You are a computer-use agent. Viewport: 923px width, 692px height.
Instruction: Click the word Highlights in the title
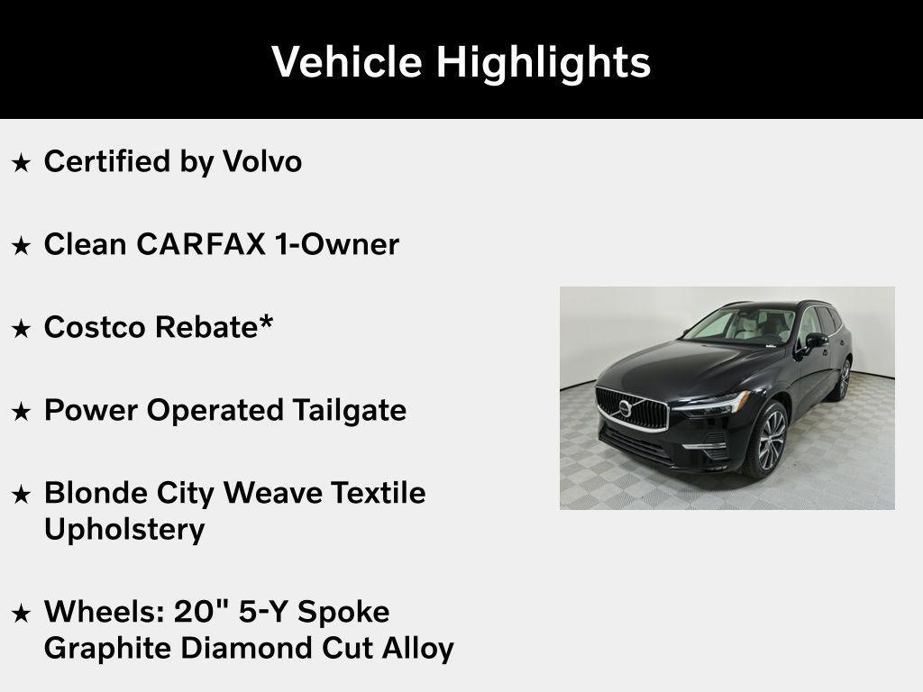(543, 62)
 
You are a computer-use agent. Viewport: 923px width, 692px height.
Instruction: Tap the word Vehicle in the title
(347, 61)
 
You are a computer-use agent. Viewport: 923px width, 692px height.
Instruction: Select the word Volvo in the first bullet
(262, 161)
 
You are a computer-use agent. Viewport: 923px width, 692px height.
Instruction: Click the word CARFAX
(201, 244)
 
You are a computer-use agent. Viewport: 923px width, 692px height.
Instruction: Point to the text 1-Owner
(337, 244)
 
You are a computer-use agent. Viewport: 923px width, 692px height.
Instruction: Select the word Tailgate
(349, 411)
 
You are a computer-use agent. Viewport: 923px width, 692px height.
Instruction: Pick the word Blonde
(96, 493)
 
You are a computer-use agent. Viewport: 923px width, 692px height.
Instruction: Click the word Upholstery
(124, 530)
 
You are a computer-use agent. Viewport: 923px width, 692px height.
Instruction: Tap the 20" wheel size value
(200, 612)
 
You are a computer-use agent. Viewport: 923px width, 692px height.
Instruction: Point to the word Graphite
(108, 649)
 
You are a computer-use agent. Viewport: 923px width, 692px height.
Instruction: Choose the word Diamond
(247, 648)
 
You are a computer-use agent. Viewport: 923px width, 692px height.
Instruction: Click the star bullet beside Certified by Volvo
(21, 163)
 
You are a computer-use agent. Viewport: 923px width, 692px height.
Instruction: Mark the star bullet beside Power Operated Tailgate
(21, 412)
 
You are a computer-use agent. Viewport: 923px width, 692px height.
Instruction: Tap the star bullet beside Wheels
(21, 613)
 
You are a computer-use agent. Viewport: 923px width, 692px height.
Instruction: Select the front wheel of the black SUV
(768, 440)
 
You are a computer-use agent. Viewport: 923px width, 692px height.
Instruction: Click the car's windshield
(739, 325)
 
